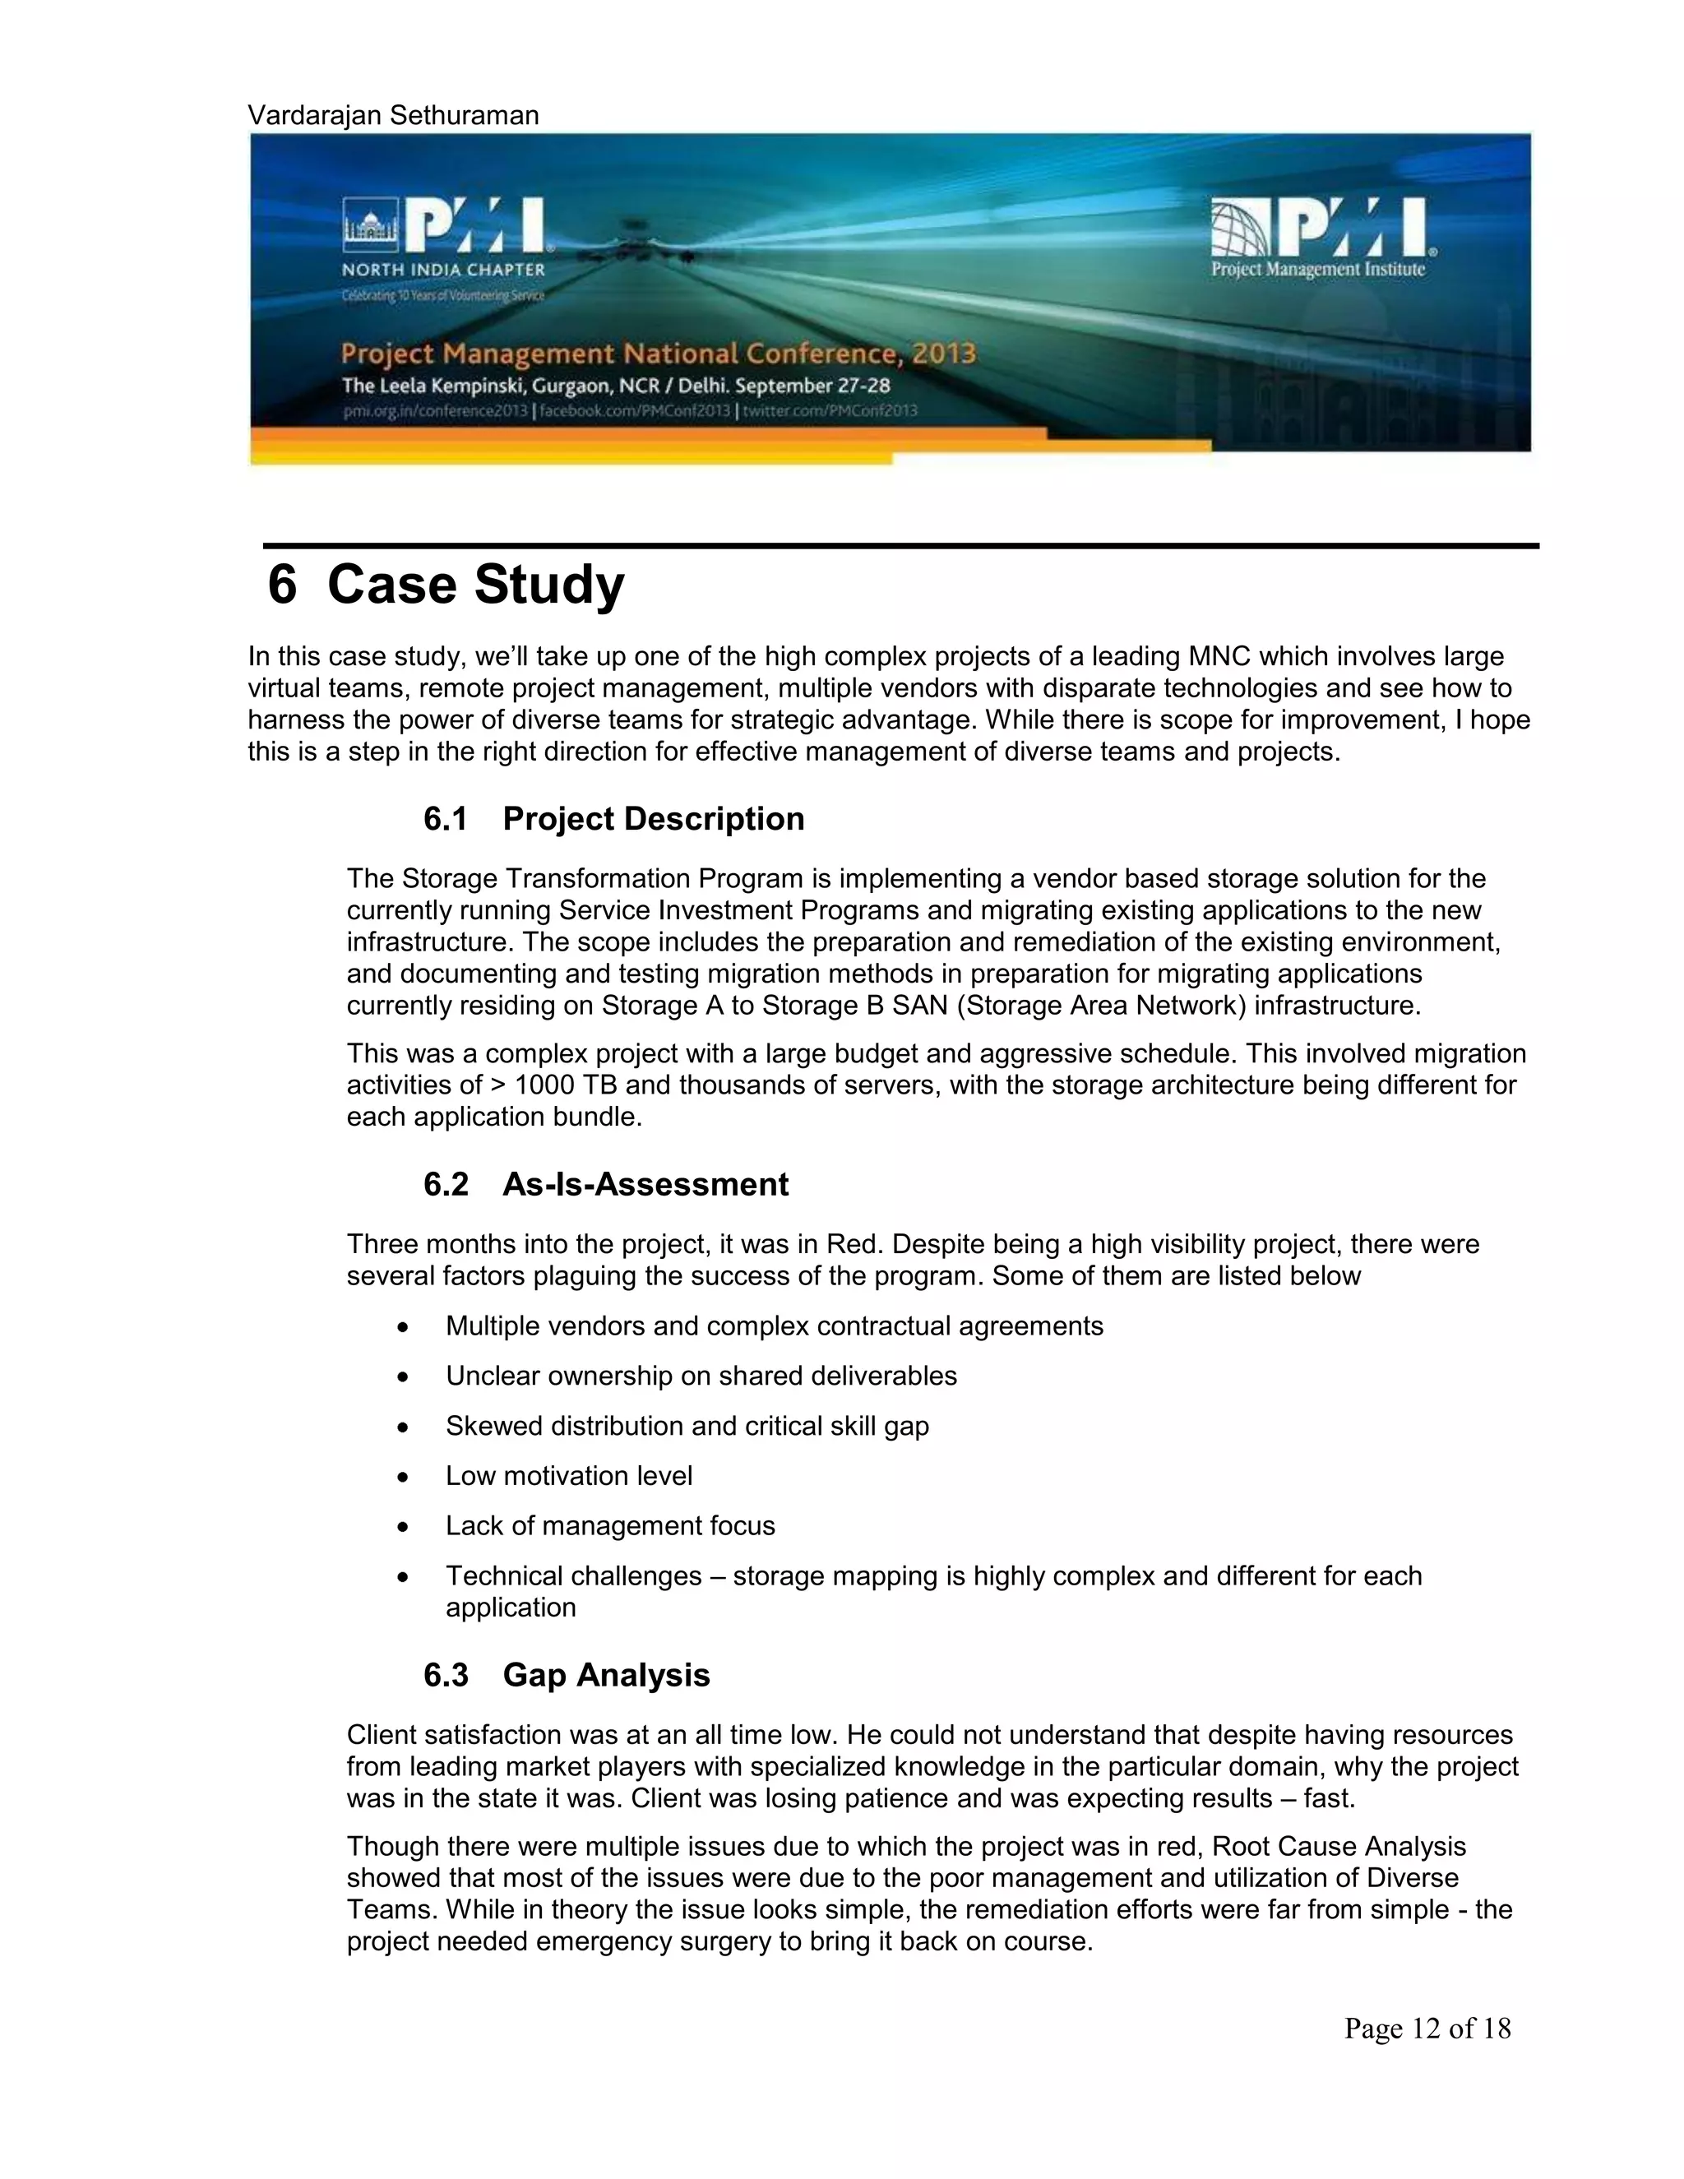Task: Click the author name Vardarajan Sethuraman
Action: [x=393, y=116]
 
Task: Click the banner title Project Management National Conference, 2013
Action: [x=659, y=354]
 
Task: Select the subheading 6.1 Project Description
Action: [x=613, y=819]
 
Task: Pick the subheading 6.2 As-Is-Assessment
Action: [x=605, y=1184]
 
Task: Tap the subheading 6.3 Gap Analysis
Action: [x=567, y=1674]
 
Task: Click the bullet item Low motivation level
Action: [x=569, y=1476]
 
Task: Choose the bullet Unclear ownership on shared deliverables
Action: [x=701, y=1376]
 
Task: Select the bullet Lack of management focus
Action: [x=609, y=1525]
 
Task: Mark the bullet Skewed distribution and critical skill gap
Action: [x=687, y=1426]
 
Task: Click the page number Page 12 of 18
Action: [x=1427, y=2028]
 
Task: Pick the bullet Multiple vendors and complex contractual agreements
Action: [x=774, y=1326]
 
